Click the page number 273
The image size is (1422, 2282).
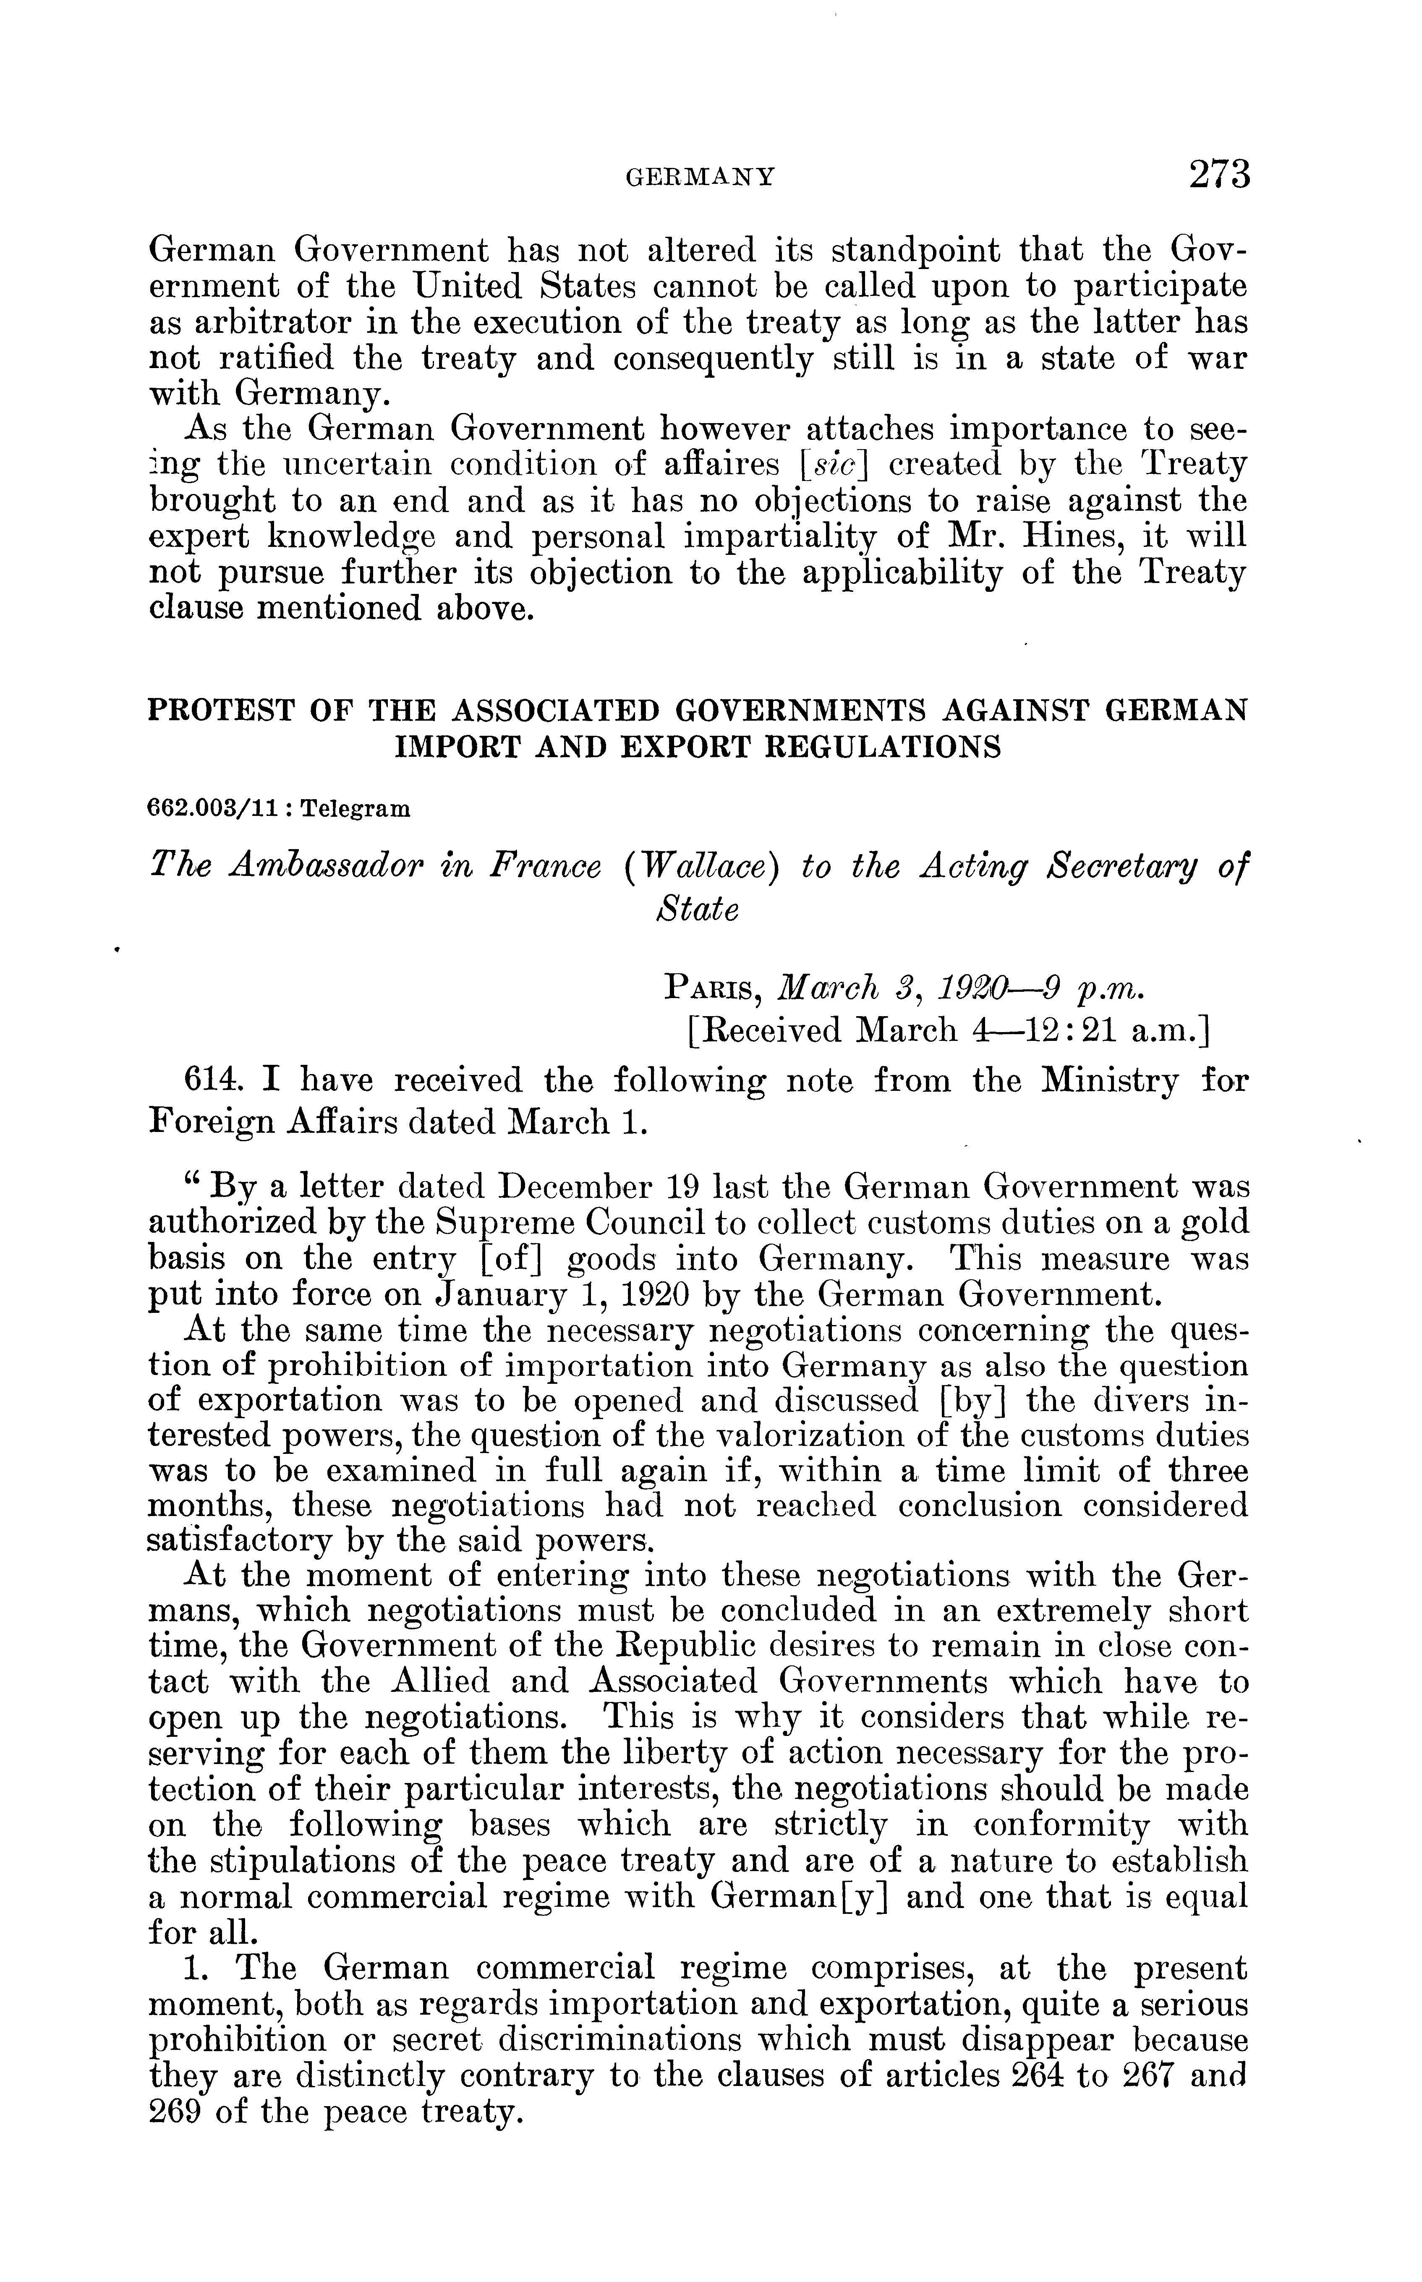click(1219, 175)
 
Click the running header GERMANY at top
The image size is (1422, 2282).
click(701, 177)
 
